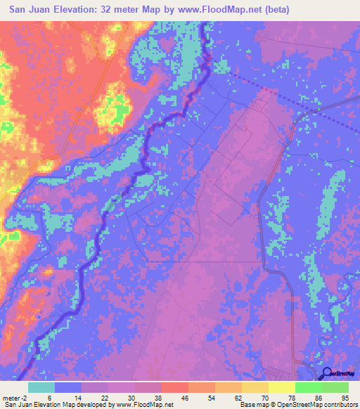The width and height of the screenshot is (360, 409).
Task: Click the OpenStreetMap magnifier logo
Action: pos(327,373)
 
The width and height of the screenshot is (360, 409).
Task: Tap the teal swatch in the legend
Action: pos(41,387)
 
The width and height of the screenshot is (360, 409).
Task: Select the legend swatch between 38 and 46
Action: pos(175,387)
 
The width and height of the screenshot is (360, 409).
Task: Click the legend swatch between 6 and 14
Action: pos(68,387)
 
